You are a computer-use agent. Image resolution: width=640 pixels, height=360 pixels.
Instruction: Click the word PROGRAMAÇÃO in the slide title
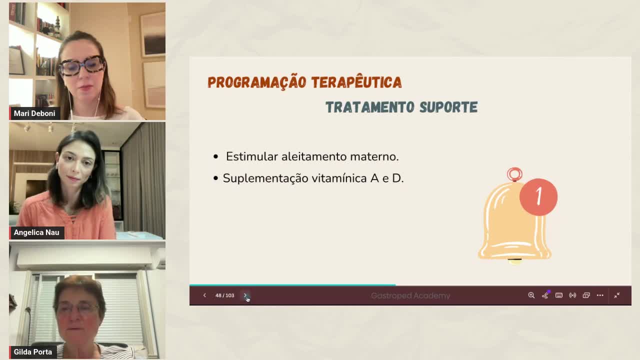coord(257,82)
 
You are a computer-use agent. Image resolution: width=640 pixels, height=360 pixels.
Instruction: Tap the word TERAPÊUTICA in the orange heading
coord(356,82)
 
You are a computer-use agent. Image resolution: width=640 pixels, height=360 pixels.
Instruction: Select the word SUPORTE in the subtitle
coord(448,107)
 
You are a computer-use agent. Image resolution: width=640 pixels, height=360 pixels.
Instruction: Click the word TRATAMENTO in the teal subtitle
coord(369,107)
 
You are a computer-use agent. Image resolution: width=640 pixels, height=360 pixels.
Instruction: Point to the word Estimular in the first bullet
coord(251,156)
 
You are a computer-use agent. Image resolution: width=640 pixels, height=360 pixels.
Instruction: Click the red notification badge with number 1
coord(538,197)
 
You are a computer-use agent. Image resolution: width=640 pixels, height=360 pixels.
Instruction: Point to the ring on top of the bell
coord(514,168)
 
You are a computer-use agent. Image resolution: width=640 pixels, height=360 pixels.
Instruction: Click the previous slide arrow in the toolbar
coord(204,295)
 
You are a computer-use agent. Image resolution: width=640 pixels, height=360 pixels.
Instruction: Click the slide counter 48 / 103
coord(225,295)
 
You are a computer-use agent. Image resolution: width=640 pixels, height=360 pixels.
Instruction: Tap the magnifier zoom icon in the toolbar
coord(531,295)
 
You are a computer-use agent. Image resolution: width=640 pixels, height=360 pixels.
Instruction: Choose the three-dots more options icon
coord(600,295)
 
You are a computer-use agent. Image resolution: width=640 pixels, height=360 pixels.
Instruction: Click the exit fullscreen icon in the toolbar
coord(617,295)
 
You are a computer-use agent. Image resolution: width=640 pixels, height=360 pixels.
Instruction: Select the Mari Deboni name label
coord(34,113)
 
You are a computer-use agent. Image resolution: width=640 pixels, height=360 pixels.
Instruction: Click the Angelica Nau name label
coord(36,232)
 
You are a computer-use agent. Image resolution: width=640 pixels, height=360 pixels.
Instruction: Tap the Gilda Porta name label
coord(33,352)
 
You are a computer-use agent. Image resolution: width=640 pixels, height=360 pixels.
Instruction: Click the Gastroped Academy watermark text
coord(410,295)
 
